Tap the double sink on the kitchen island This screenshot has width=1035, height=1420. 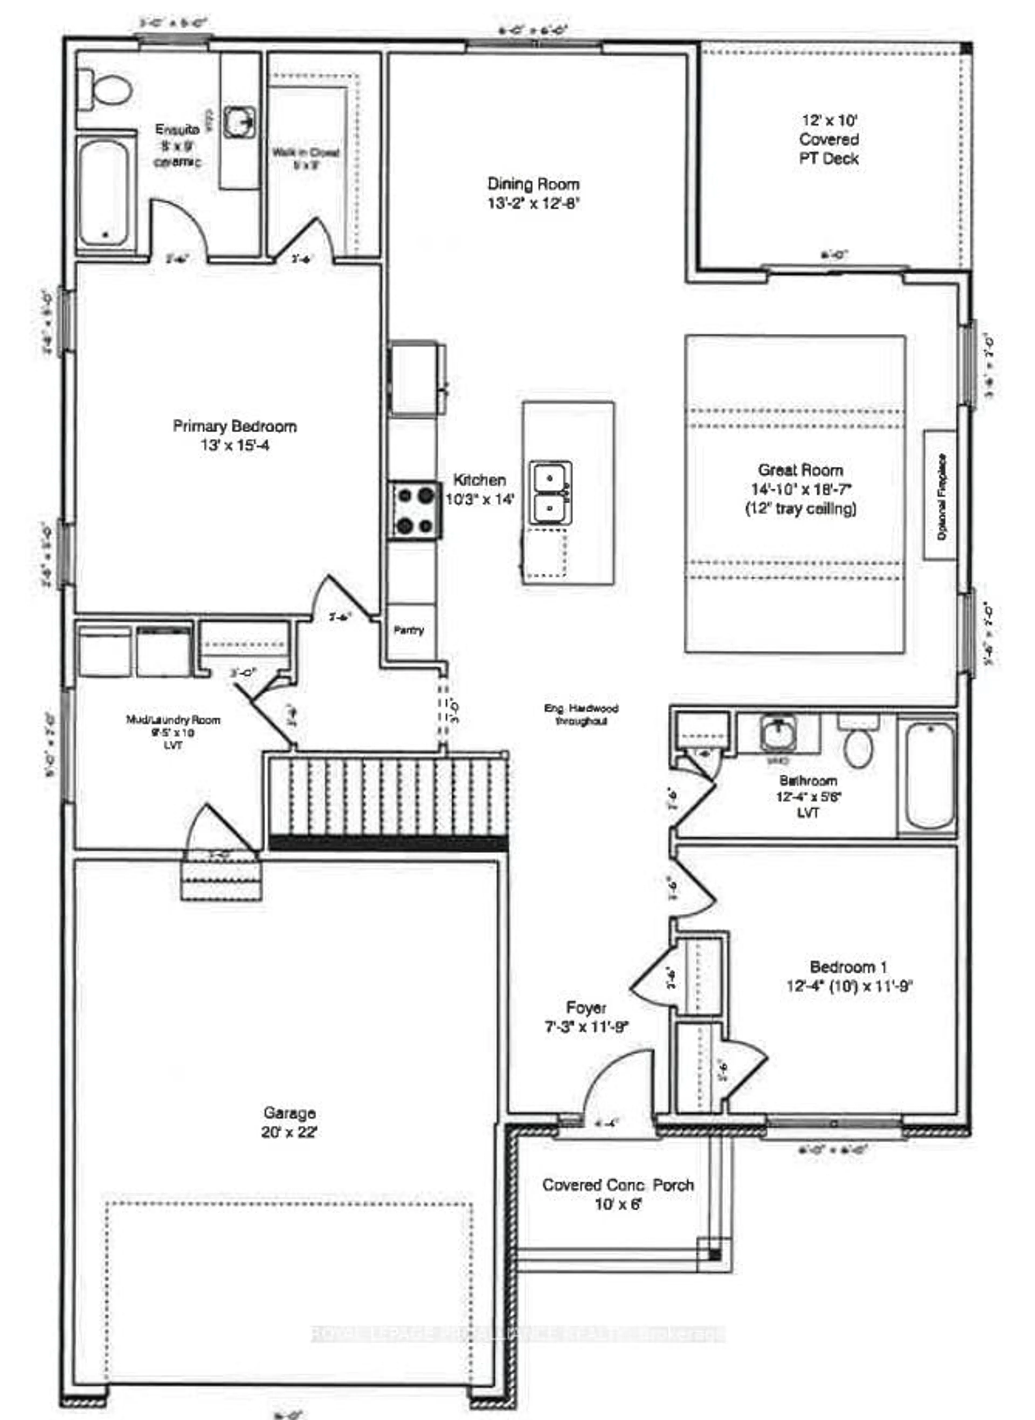(550, 492)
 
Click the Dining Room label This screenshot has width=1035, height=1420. (533, 184)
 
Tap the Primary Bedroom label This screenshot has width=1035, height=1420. (234, 427)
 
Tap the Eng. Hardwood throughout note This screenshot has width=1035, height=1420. (581, 714)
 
